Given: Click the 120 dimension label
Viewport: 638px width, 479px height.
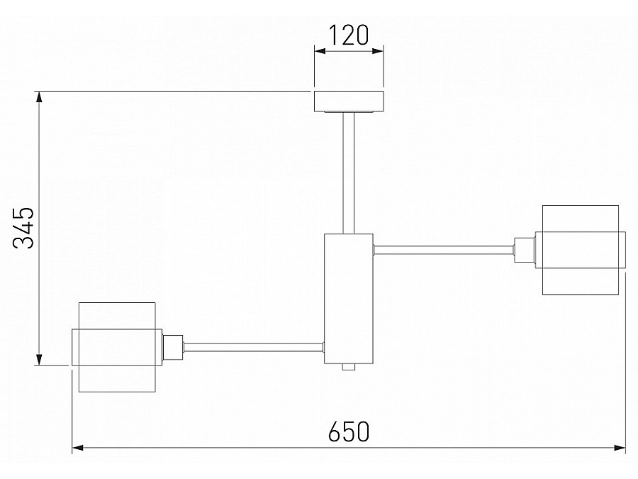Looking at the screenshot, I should pyautogui.click(x=349, y=34).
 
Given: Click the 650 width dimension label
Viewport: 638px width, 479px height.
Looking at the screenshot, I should pyautogui.click(x=349, y=431).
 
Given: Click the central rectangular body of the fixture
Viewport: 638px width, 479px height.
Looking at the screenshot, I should pyautogui.click(x=348, y=298).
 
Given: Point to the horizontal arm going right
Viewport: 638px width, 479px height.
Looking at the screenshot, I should pyautogui.click(x=443, y=249).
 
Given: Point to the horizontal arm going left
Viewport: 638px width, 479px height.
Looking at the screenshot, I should pyautogui.click(x=253, y=347).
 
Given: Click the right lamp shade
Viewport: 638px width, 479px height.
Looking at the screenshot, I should pyautogui.click(x=581, y=250).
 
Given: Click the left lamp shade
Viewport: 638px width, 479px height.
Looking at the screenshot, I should pyautogui.click(x=116, y=347).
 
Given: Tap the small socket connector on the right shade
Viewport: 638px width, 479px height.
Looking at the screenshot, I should pyautogui.click(x=525, y=250).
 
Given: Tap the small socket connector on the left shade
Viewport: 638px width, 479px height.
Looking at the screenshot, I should pyautogui.click(x=172, y=347).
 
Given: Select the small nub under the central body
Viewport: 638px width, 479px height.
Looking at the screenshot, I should pyautogui.click(x=347, y=368).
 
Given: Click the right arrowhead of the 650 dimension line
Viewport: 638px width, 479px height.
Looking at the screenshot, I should pyautogui.click(x=620, y=448).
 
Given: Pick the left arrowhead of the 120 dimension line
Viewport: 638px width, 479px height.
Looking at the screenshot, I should pyautogui.click(x=320, y=50).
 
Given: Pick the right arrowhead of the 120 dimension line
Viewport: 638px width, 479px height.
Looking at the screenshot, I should pyautogui.click(x=378, y=50).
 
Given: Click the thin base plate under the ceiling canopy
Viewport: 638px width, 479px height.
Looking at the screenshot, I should pyautogui.click(x=348, y=111).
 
